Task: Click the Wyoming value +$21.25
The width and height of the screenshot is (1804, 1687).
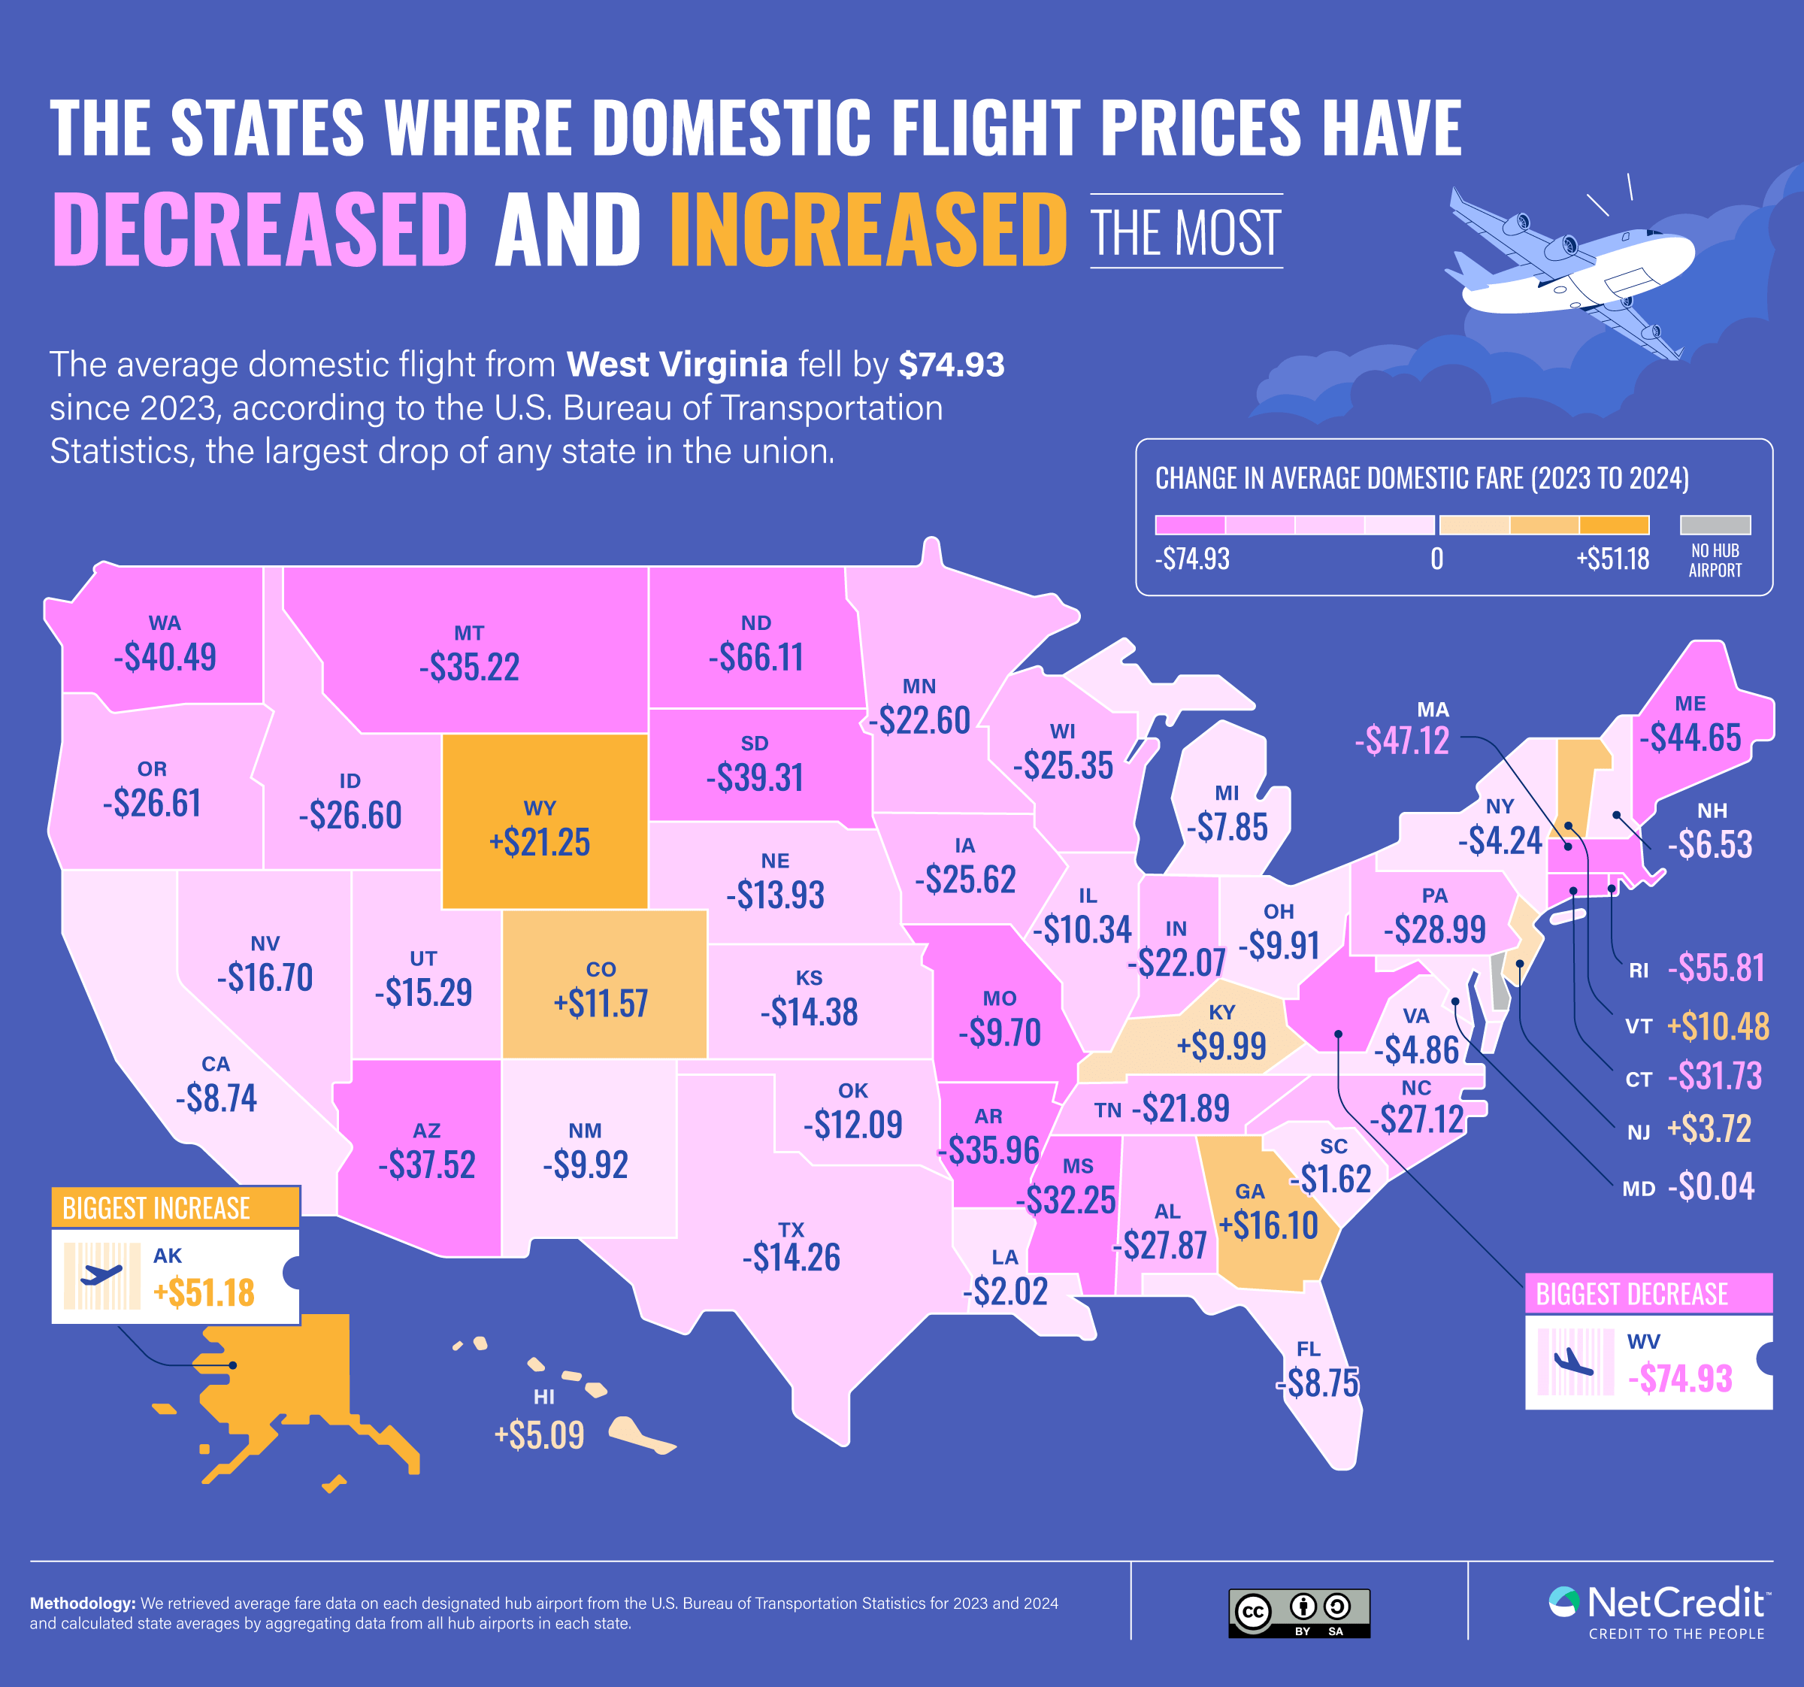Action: tap(539, 842)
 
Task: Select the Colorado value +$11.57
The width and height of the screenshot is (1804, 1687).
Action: tap(601, 1003)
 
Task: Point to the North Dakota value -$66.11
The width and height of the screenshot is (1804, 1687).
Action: tap(756, 657)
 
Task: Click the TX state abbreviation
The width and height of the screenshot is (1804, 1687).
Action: tap(792, 1230)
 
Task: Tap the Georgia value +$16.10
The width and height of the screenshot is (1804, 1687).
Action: tap(1268, 1225)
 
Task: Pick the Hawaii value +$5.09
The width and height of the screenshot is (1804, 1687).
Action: tap(539, 1434)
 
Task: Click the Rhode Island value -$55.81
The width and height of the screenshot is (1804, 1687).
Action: tap(1715, 968)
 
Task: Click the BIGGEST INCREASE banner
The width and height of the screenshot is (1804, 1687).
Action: tap(175, 1208)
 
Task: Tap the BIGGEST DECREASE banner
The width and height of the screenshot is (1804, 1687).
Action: tap(1648, 1293)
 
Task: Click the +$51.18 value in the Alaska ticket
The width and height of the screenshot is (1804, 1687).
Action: tap(204, 1292)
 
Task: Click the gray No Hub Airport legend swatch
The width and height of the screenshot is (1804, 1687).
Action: tap(1715, 525)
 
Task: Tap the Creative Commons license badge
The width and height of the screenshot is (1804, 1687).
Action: tap(1299, 1613)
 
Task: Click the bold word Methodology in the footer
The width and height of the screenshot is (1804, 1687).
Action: tap(83, 1604)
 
